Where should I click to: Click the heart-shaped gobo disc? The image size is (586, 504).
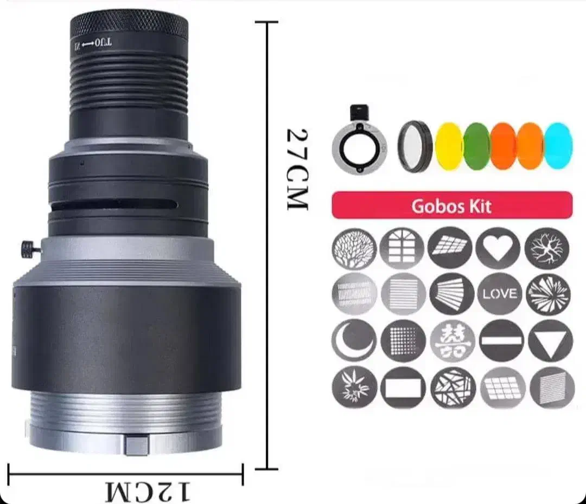point(498,248)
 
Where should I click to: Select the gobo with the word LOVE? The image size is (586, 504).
point(499,294)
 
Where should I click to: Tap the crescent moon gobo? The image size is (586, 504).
point(354,340)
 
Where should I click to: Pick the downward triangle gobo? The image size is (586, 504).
point(550,340)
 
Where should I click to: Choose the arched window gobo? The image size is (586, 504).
point(402,248)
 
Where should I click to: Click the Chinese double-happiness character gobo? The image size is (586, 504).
point(452,340)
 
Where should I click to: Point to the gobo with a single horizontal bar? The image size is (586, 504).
point(501,340)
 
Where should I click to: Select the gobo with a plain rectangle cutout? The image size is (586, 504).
point(403,387)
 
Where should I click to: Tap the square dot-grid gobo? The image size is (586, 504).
point(403,340)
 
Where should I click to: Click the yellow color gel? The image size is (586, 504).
point(450,146)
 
